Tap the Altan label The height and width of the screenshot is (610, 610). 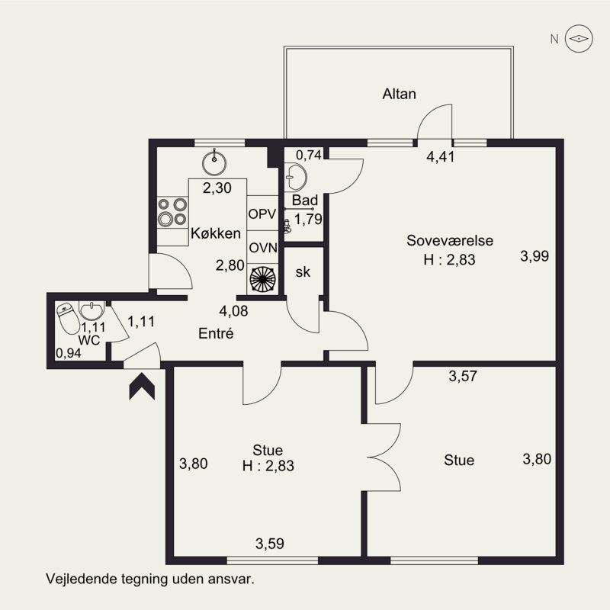point(399,95)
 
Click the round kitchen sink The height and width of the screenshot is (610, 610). point(215,162)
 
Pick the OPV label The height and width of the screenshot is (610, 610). point(262,213)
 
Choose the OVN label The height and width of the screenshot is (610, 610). point(262,247)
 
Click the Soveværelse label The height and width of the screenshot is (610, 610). point(450,241)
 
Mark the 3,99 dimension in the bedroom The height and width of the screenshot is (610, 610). point(535,256)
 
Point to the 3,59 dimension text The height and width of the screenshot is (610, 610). point(270,544)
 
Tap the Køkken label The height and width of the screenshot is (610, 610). point(217,233)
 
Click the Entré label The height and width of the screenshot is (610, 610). point(215,333)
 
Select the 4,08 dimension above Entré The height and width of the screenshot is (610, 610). point(233,310)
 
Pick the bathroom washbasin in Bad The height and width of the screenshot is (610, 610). point(295,177)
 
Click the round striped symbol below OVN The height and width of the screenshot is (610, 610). point(262,279)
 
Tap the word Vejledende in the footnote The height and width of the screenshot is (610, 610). point(77,578)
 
